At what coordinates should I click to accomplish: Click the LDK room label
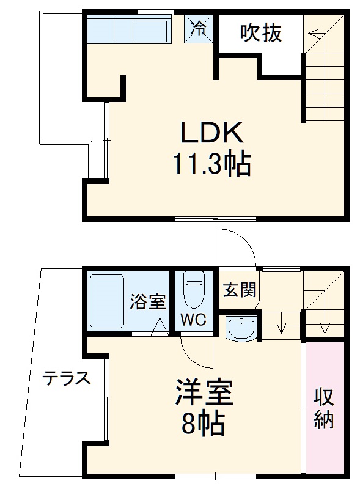(211, 132)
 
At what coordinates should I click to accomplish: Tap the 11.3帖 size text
(211, 164)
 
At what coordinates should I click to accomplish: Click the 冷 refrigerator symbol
(200, 28)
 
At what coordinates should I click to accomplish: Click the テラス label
(67, 378)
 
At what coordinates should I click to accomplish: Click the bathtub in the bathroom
(108, 303)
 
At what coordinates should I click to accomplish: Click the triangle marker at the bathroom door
(160, 328)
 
